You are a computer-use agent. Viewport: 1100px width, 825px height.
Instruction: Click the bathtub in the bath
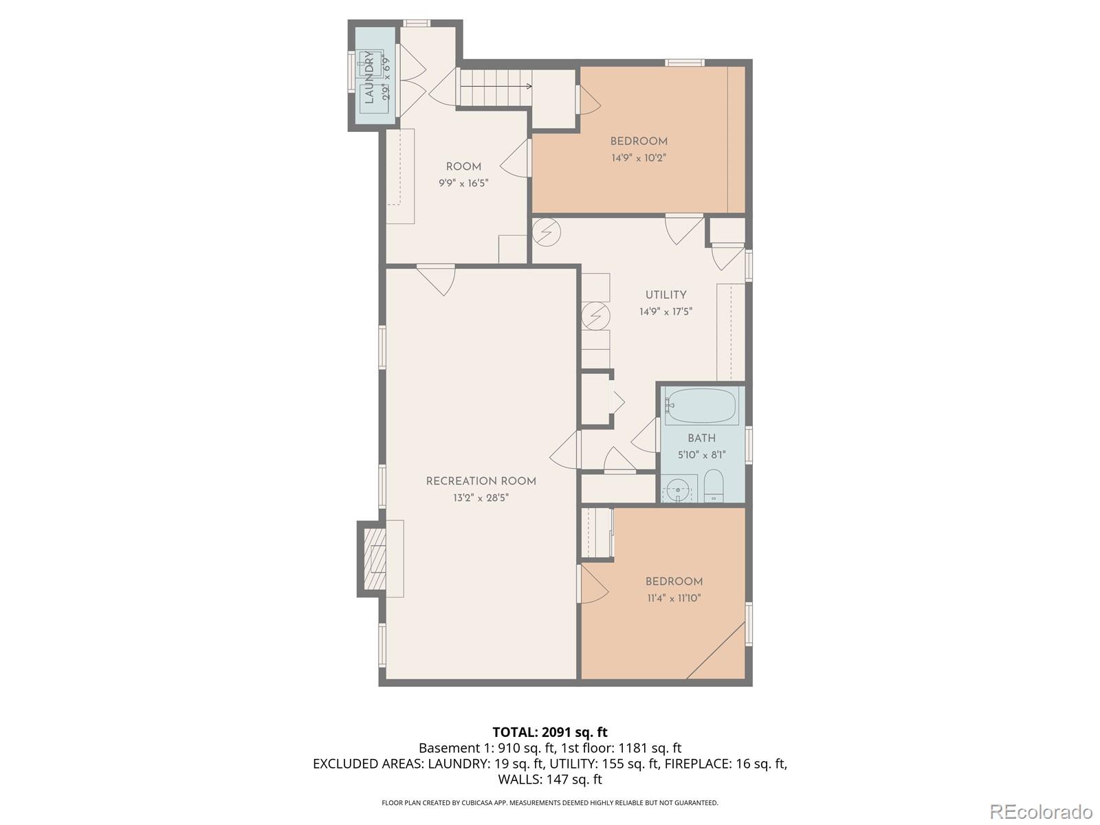(701, 406)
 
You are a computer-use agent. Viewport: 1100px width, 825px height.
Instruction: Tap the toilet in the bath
(714, 486)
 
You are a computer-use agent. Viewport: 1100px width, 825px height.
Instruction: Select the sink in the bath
(679, 489)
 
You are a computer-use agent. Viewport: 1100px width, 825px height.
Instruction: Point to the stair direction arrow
(529, 86)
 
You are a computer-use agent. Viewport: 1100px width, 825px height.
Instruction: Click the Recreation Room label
(481, 481)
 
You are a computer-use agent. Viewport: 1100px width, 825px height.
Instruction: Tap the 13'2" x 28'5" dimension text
(481, 498)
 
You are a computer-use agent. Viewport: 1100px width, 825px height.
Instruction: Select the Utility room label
(665, 295)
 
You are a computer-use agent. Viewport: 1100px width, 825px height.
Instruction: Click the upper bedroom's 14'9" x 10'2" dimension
(639, 157)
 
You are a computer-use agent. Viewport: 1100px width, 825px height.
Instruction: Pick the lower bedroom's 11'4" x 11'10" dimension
(673, 598)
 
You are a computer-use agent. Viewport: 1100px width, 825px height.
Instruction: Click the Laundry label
(369, 77)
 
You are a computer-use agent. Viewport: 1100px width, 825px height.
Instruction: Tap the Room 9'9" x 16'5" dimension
(463, 183)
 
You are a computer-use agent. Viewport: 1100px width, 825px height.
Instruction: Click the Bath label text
(701, 438)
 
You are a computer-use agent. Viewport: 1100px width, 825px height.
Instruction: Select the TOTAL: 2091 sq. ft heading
(549, 731)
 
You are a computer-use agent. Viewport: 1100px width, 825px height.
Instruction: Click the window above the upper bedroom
(684, 63)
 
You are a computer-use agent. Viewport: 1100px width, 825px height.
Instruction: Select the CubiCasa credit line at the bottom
(549, 802)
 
